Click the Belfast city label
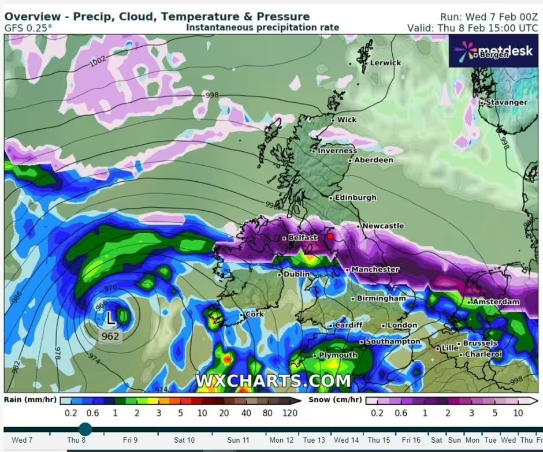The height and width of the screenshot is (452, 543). tap(303, 238)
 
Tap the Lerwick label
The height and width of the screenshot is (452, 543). tap(385, 62)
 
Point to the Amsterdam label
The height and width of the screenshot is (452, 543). tap(496, 302)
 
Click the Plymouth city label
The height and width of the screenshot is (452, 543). tap(339, 355)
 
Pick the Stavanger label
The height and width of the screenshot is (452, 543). tap(506, 102)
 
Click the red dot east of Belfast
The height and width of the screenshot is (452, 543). tap(330, 236)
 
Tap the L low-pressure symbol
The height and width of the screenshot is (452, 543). tap(111, 317)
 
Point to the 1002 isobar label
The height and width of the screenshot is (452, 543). tap(98, 62)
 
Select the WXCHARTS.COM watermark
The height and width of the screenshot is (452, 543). tap(273, 381)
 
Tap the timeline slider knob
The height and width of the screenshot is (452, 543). tap(85, 429)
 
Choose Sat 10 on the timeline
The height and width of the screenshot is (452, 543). tap(184, 440)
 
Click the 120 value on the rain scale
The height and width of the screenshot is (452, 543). tap(290, 413)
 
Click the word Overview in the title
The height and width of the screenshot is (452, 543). tap(32, 17)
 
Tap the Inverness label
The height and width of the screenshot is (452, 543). tap(337, 151)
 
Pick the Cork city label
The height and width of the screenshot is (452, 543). tap(254, 315)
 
